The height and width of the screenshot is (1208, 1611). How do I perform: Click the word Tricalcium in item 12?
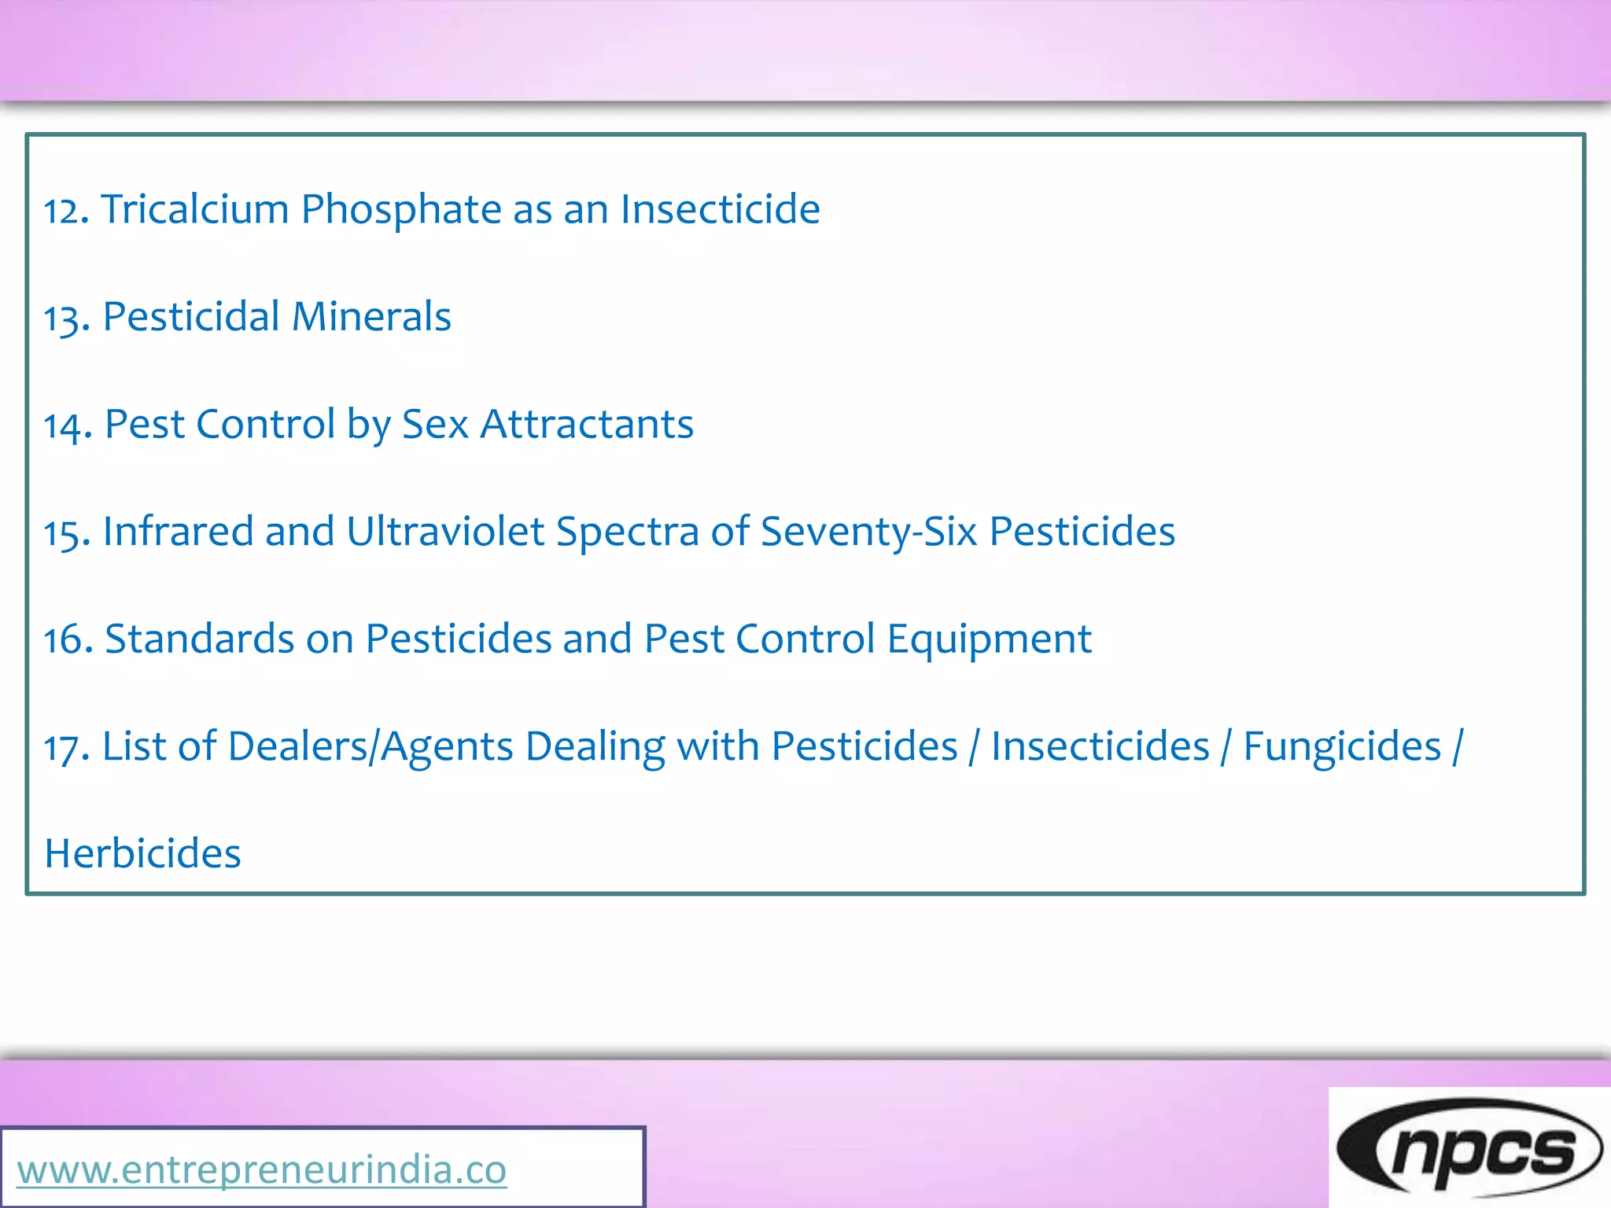click(x=195, y=210)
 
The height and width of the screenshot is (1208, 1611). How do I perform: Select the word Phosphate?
click(x=401, y=210)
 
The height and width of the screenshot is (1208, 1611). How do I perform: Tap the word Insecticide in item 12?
click(x=720, y=210)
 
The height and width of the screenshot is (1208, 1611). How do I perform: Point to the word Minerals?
click(x=371, y=317)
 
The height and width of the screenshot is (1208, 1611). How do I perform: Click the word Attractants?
click(x=587, y=425)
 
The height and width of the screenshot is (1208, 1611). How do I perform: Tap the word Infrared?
click(x=178, y=532)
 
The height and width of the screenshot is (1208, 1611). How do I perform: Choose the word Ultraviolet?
click(x=445, y=532)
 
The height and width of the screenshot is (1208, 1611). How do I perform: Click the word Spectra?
click(x=627, y=533)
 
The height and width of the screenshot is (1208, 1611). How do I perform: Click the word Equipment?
click(x=989, y=640)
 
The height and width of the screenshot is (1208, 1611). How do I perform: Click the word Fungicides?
click(x=1342, y=746)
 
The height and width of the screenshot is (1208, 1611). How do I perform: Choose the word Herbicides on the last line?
click(x=142, y=854)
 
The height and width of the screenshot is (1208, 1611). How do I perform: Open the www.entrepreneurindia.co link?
click(x=261, y=1169)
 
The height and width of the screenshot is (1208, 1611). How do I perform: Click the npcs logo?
click(x=1469, y=1149)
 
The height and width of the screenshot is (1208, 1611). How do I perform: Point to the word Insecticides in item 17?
click(x=1100, y=746)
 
